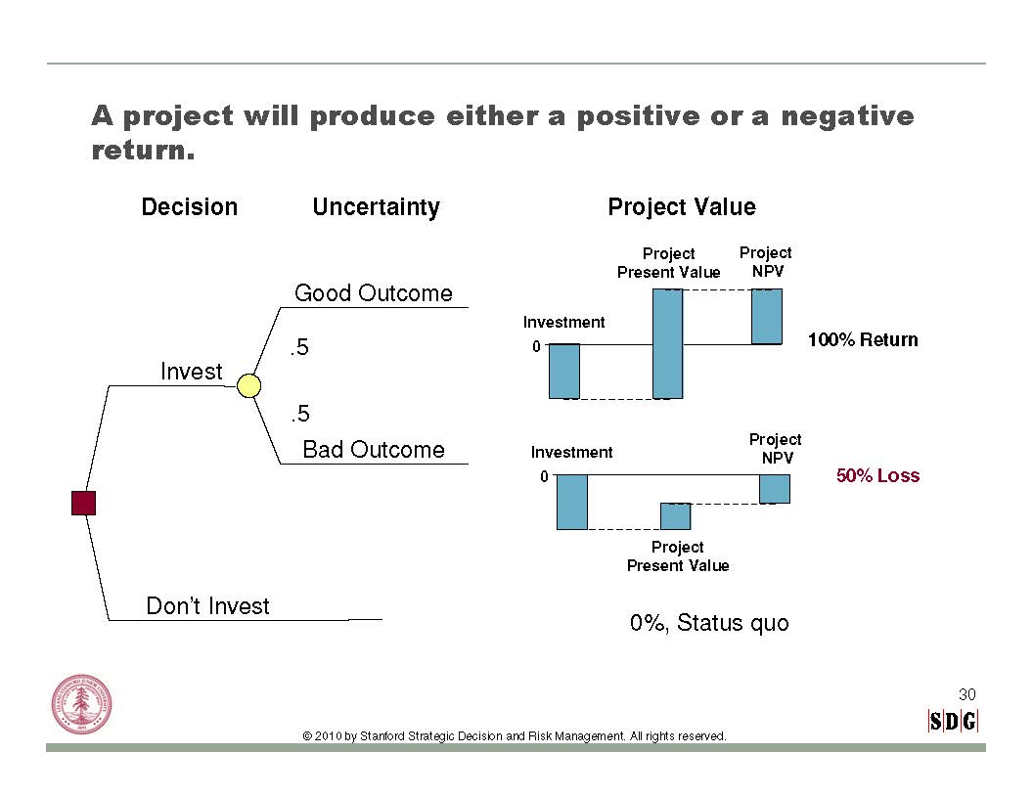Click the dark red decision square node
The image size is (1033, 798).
coord(84,503)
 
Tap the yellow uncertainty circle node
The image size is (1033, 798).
coord(248,386)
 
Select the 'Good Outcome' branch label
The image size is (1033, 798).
coord(374,293)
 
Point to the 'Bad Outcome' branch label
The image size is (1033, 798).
coord(374,449)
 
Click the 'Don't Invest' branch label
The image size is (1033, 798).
coord(207,605)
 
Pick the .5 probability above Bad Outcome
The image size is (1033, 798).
coord(299,414)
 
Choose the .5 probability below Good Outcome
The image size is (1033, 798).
coord(299,347)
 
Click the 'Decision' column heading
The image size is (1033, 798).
coord(190,206)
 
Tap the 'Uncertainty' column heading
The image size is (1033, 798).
coord(377,207)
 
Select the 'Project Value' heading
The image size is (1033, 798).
coord(682,207)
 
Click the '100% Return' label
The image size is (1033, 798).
coord(863,339)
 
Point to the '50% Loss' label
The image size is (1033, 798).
coord(878,475)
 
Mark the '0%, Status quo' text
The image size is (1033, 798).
coord(709,623)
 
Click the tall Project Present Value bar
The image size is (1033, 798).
coord(667,343)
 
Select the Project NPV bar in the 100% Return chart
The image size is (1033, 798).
coord(767,317)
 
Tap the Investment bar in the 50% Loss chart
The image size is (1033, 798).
coord(572,502)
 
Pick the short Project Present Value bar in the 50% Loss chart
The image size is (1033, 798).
coord(676,516)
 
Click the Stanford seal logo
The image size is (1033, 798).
coord(82,704)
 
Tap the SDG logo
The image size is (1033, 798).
coord(953,722)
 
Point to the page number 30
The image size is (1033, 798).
coord(967,694)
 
